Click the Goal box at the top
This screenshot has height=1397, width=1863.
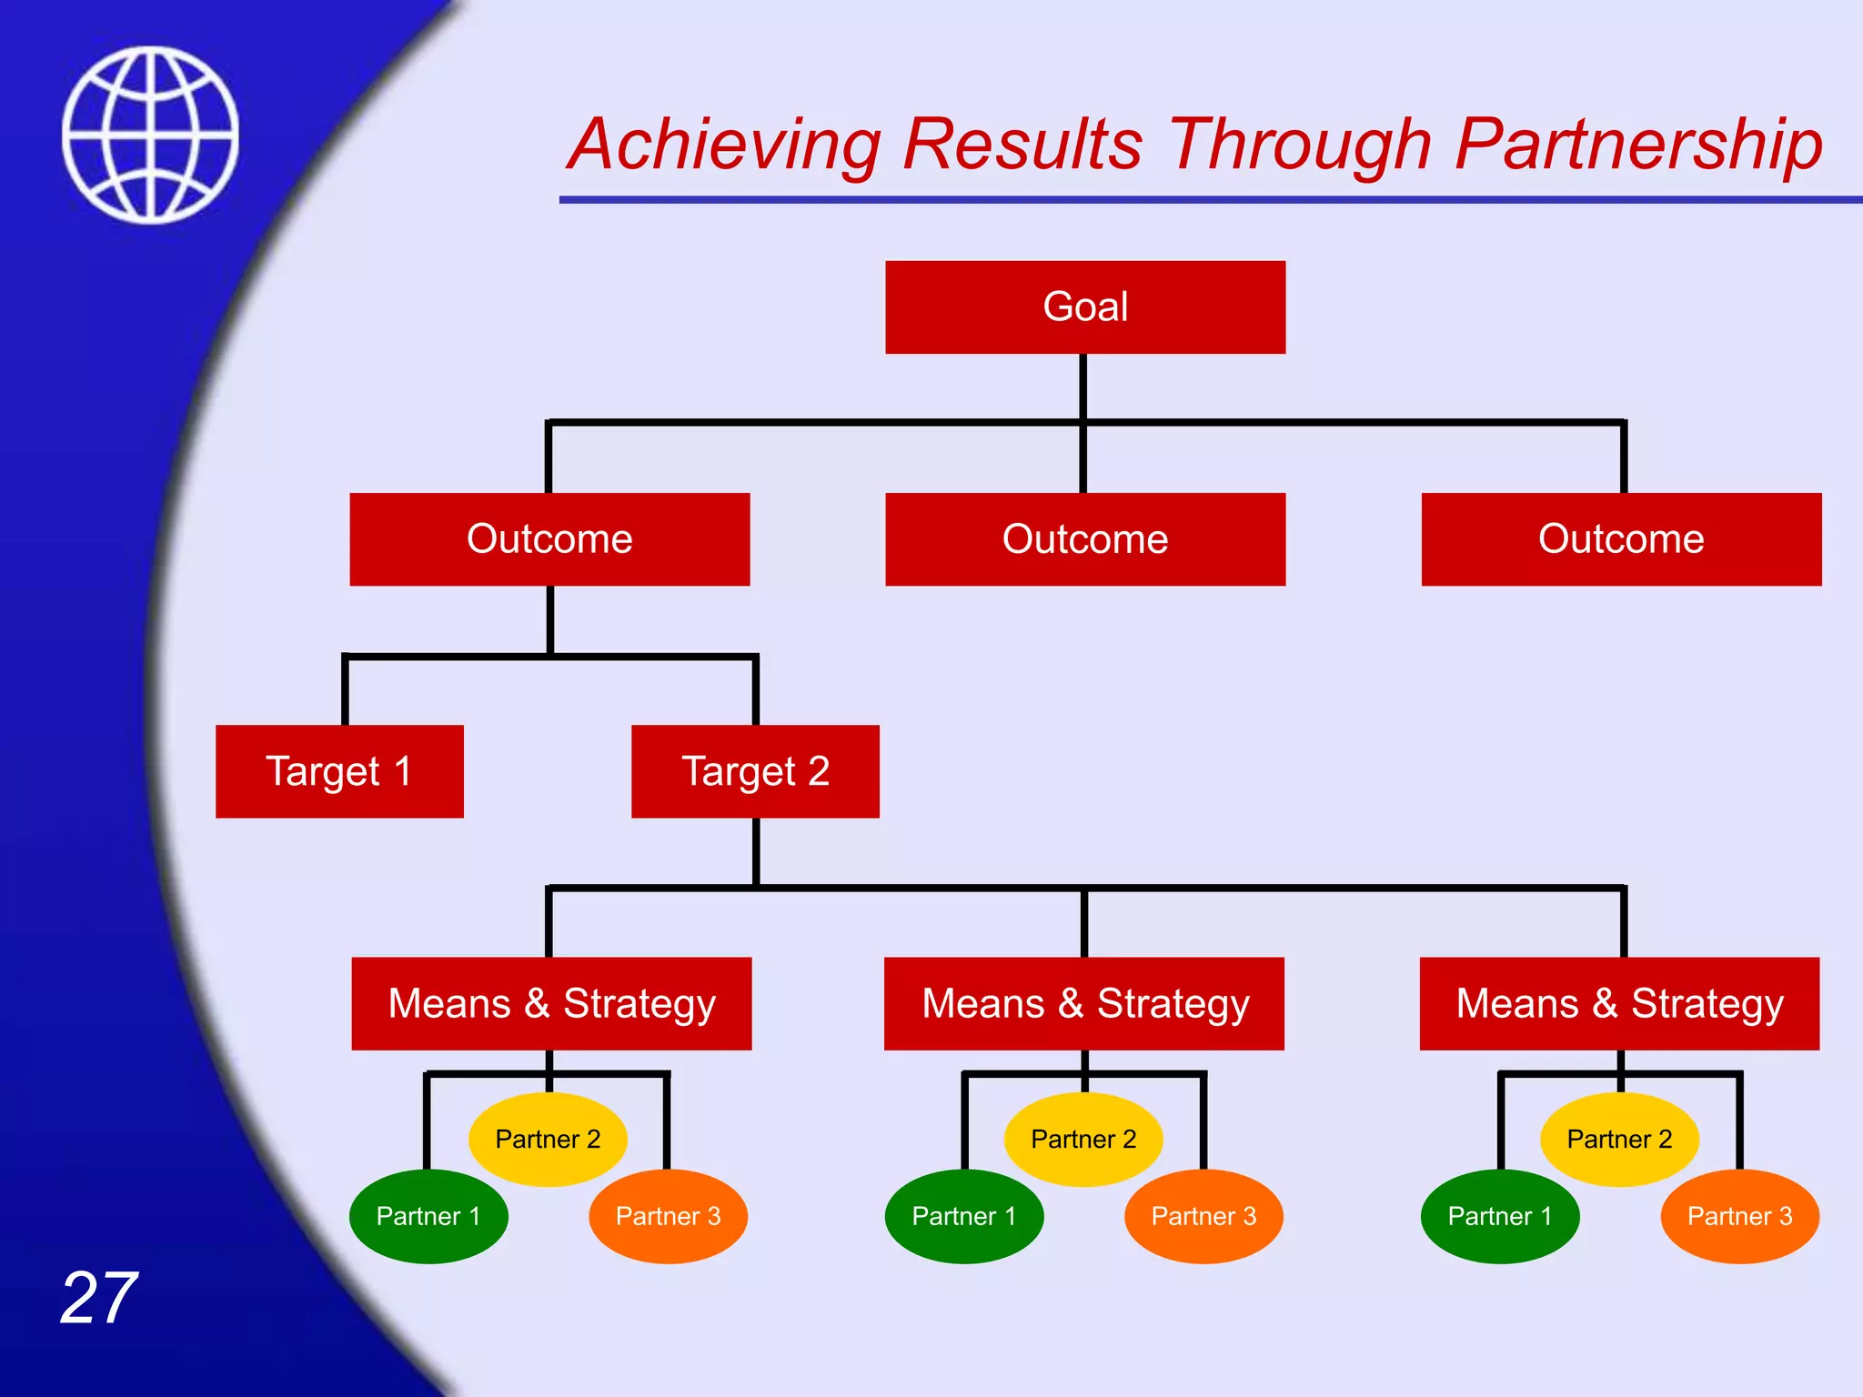coord(1085,307)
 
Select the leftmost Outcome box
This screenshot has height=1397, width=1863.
coord(549,539)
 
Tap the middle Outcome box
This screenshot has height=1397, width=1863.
coord(1085,539)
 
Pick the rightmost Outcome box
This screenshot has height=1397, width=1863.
coord(1621,539)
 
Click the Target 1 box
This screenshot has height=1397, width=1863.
coord(339,771)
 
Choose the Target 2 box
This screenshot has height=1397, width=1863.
coord(755,771)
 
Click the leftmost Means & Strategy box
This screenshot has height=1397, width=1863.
coord(551,1003)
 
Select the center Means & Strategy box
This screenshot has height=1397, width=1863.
coord(1084,1003)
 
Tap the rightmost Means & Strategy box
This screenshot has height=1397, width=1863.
coord(1619,1003)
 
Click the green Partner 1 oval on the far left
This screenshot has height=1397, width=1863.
coord(428,1217)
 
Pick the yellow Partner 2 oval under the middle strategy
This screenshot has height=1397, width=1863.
coord(1083,1140)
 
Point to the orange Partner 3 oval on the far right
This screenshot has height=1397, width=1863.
coord(1739,1217)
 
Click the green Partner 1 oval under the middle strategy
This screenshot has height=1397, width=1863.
coord(964,1217)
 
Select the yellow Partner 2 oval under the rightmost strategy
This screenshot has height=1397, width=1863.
coord(1619,1140)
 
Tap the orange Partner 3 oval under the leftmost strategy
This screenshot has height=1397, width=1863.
coord(668,1217)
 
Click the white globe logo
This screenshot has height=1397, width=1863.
coord(151,135)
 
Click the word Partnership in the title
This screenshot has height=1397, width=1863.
coord(1637,146)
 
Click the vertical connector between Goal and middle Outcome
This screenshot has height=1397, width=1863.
coord(1083,455)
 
